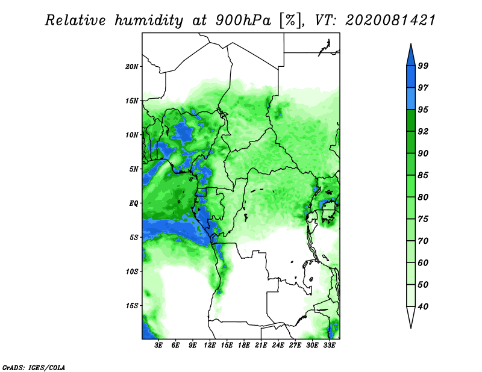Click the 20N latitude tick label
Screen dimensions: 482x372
click(x=132, y=66)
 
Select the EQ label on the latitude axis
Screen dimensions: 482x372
click(x=133, y=203)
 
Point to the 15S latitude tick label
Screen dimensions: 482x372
click(x=132, y=306)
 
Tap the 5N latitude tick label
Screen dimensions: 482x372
click(x=134, y=169)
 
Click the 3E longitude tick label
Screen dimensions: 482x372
click(x=158, y=346)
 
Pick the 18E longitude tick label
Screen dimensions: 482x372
click(x=244, y=346)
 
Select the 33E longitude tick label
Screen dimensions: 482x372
click(x=329, y=346)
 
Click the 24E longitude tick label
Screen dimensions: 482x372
click(x=278, y=346)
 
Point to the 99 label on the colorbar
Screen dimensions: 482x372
click(x=423, y=66)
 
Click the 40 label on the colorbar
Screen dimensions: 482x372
click(x=423, y=306)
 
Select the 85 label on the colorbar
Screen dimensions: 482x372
click(x=423, y=175)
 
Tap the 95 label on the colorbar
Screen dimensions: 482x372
click(x=423, y=110)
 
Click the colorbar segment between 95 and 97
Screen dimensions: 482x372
click(x=411, y=99)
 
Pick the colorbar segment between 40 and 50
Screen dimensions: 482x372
click(x=411, y=296)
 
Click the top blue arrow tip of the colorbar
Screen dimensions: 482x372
click(x=411, y=44)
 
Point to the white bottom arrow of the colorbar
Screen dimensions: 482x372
click(x=411, y=317)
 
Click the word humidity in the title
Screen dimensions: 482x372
click(x=149, y=21)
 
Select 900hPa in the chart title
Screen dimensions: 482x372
click(x=243, y=20)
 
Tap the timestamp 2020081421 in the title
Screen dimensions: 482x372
click(x=390, y=20)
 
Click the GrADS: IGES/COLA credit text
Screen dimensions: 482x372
click(x=34, y=367)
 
